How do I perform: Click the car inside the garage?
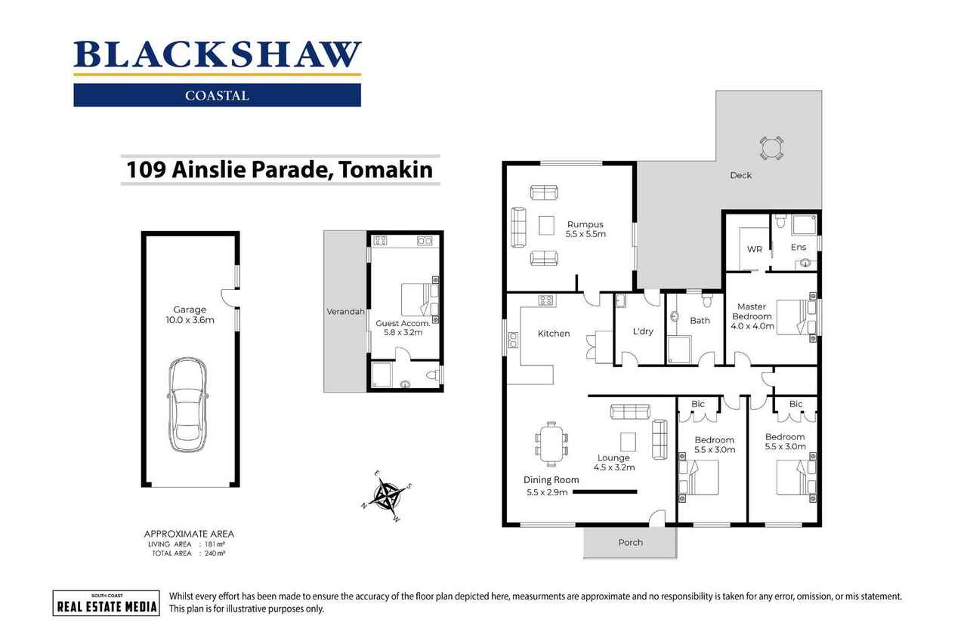click(187, 405)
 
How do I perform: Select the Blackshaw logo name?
click(218, 55)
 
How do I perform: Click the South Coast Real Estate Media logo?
click(106, 602)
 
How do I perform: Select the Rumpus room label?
click(585, 224)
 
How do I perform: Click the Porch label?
click(630, 542)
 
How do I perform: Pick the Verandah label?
click(345, 311)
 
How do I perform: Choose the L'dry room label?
click(643, 331)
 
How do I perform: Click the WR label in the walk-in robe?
click(754, 249)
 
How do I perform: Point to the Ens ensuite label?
click(799, 247)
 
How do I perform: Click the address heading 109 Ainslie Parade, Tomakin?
click(280, 170)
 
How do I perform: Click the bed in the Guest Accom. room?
click(415, 299)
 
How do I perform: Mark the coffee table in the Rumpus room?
click(546, 226)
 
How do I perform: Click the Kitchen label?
click(554, 334)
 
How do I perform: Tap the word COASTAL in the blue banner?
click(217, 96)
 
